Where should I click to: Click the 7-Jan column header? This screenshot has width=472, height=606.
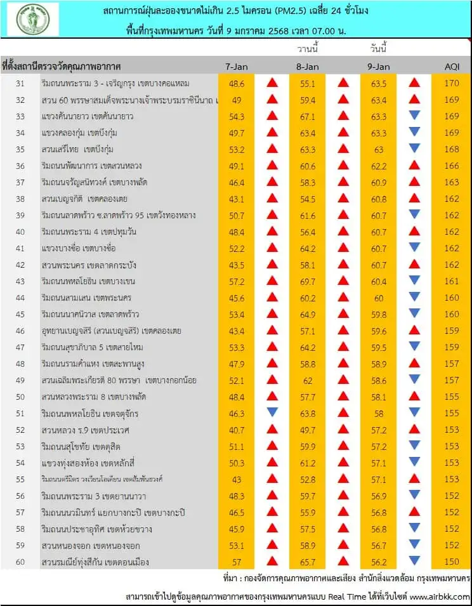coord(237,67)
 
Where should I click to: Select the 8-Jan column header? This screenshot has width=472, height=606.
coord(308,67)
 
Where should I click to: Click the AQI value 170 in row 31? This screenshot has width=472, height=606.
coord(452,82)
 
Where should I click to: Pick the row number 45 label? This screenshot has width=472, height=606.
coord(20,314)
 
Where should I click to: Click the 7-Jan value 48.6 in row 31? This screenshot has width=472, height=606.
coord(237,82)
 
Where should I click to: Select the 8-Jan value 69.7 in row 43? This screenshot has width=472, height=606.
coord(308,281)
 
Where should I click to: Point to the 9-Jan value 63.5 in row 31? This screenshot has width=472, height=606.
coord(379,82)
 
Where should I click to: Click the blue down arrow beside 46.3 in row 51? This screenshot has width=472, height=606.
coord(272,412)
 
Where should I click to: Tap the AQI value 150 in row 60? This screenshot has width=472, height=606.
coord(452,562)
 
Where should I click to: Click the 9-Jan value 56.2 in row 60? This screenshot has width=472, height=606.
coord(379,562)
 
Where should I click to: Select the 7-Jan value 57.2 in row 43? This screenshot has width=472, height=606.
coord(237,281)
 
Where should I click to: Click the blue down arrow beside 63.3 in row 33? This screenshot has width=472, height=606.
coord(414,115)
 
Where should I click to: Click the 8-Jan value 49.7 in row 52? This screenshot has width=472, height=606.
coord(308,430)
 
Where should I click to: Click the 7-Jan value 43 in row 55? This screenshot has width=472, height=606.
coord(237,479)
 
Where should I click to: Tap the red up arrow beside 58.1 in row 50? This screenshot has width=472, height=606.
coord(414,396)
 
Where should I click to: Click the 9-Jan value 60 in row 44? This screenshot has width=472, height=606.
coord(379,298)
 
